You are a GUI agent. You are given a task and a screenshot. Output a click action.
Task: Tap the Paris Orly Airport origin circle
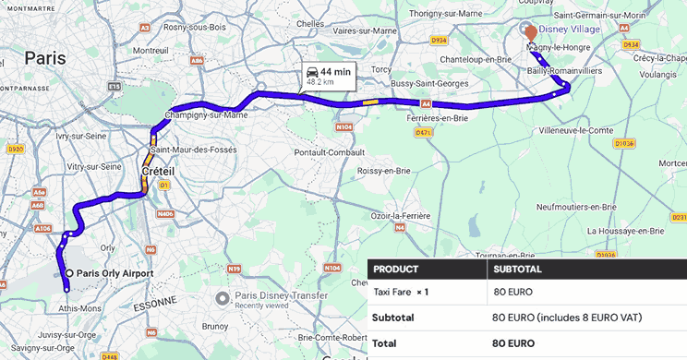coord(69,272)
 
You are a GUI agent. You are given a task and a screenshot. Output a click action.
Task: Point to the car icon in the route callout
coord(313,72)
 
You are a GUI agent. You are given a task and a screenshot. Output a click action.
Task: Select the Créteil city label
coord(159,172)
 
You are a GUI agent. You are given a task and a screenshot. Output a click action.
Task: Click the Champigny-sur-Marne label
coord(206,115)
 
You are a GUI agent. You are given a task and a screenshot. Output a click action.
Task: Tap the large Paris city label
coord(45,58)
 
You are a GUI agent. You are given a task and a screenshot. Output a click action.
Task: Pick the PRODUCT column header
coord(396,270)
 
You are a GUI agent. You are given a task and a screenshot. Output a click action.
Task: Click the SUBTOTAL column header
coord(518,270)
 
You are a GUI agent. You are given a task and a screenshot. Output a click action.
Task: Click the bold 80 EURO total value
coord(514,342)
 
